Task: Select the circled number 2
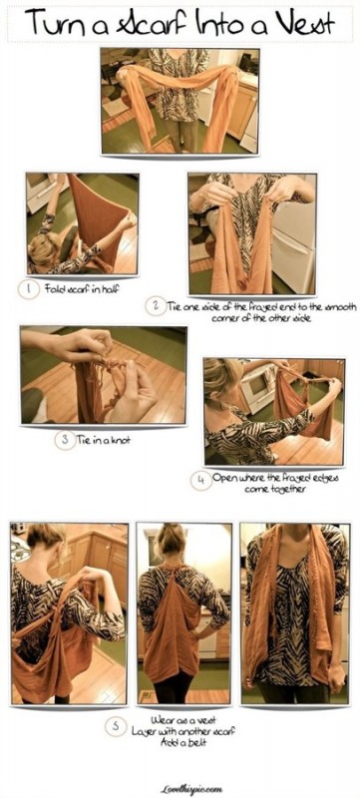[x=154, y=305]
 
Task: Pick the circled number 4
[x=199, y=479]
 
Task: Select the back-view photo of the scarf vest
[x=183, y=613]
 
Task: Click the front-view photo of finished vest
[x=294, y=613]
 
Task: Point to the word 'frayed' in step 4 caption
[x=282, y=478]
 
